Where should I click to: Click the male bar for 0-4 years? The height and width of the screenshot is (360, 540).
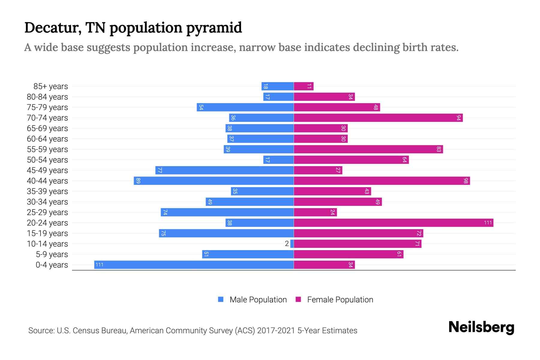(x=194, y=265)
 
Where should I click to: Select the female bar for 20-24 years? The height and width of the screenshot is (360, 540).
(x=393, y=223)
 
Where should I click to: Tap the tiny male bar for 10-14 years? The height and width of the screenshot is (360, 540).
(x=292, y=244)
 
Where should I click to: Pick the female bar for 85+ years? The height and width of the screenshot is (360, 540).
(x=304, y=86)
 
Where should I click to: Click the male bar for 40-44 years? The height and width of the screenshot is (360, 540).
(x=214, y=181)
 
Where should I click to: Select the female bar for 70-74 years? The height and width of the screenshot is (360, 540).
(x=378, y=118)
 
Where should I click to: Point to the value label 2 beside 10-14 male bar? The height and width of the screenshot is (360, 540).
(x=287, y=244)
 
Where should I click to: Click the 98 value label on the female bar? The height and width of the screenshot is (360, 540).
(x=466, y=181)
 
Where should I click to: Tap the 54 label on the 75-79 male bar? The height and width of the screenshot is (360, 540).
(x=201, y=107)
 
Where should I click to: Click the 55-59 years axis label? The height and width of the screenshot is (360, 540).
(x=47, y=149)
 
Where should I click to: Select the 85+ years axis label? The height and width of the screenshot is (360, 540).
(x=51, y=86)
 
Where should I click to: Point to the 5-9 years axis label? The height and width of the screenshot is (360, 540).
(x=52, y=254)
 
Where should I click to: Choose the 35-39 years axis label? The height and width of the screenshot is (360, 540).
(x=47, y=191)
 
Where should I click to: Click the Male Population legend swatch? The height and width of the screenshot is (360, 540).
(x=221, y=299)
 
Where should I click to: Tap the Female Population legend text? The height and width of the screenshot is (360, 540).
(x=340, y=299)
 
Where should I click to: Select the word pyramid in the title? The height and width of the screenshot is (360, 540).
(x=214, y=28)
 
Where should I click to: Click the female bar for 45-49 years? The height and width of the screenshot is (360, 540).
(x=318, y=170)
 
